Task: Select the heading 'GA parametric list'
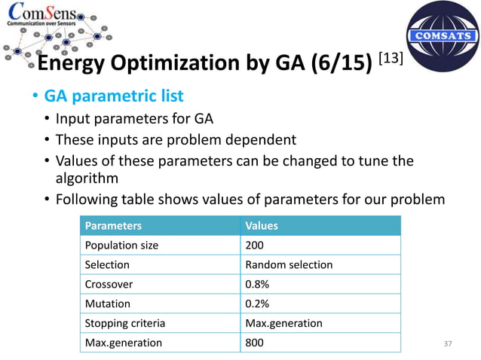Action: [113, 97]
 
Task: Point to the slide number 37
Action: [449, 344]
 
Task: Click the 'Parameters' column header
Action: [113, 225]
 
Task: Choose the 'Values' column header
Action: [262, 225]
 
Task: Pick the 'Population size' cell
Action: [121, 245]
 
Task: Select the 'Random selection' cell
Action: [289, 264]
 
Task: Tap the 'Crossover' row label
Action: [109, 284]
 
